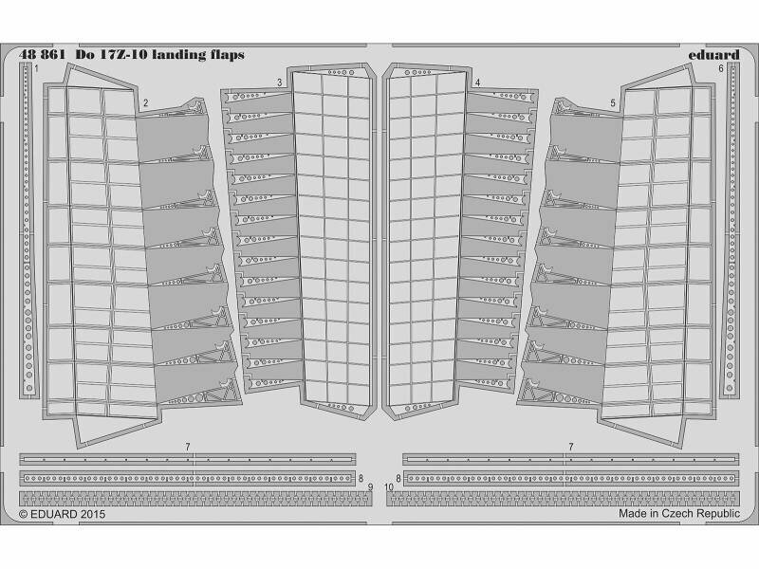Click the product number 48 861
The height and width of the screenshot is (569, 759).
(42, 55)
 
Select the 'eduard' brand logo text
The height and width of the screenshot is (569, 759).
(714, 55)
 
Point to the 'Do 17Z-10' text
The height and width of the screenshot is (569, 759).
(111, 55)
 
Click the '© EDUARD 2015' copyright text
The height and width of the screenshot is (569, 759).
(62, 514)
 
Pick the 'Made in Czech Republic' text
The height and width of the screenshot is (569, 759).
(679, 513)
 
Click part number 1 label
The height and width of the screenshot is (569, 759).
(37, 69)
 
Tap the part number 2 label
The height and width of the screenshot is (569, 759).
(146, 103)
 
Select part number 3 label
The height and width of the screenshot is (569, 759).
(280, 83)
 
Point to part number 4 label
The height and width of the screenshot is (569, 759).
(478, 83)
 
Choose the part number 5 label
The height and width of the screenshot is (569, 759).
(613, 103)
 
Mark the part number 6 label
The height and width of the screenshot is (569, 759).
(721, 69)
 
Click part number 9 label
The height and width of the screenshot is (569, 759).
(370, 487)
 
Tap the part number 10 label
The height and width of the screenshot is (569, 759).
(389, 487)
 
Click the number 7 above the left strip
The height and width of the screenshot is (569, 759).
(188, 447)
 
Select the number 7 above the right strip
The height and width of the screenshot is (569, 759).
(571, 447)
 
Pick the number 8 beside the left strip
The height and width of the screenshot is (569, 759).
(361, 479)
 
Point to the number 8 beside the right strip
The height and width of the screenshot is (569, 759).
(398, 479)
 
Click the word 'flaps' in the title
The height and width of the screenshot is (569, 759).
(227, 56)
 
